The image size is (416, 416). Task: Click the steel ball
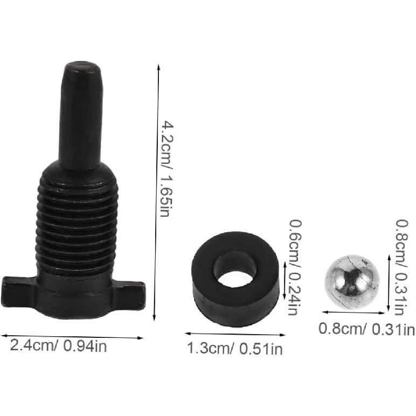(x=352, y=281)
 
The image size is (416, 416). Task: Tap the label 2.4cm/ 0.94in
(x=58, y=346)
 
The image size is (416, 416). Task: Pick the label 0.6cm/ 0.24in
(x=295, y=267)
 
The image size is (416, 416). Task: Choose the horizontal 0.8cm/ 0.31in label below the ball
(x=367, y=328)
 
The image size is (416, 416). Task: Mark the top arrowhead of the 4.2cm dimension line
(x=158, y=67)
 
